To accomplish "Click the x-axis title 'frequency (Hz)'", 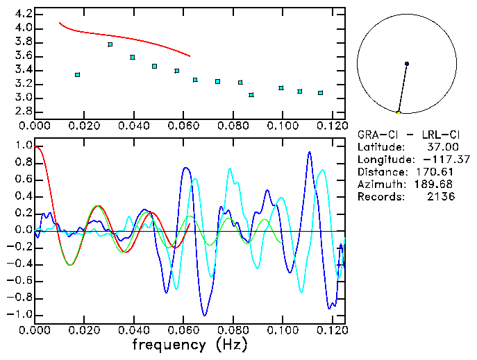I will click(189, 344).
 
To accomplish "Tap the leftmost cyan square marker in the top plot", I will click(77, 74).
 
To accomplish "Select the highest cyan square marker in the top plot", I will click(110, 44).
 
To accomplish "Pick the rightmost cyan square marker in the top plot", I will click(320, 92).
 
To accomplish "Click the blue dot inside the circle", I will click(407, 64).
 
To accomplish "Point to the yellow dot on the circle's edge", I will click(399, 112).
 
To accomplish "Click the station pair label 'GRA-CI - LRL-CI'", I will click(405, 135).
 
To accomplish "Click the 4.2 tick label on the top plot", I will click(22, 14).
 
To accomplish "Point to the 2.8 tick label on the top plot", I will click(22, 112).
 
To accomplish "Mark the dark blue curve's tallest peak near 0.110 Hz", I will click(309, 152).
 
